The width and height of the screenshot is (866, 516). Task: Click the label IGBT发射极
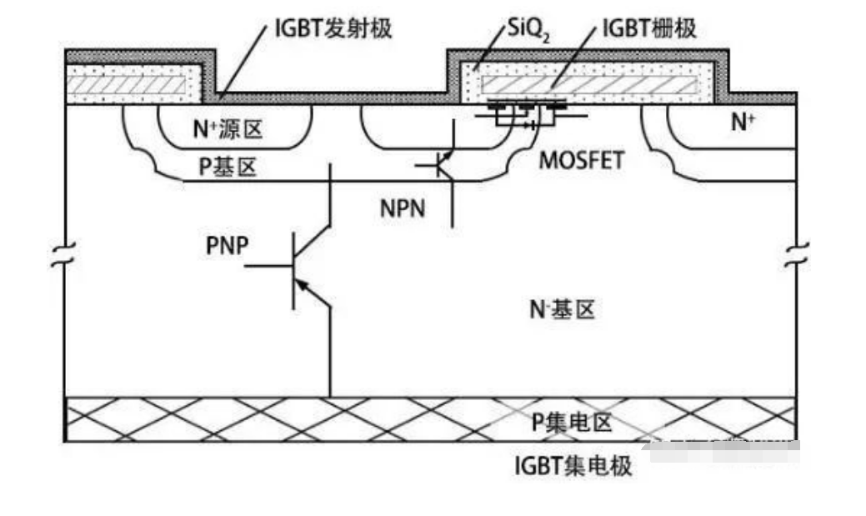(x=333, y=28)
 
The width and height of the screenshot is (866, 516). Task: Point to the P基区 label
(x=226, y=167)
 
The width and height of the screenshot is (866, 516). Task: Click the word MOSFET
(x=581, y=161)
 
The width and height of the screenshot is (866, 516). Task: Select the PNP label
(x=228, y=248)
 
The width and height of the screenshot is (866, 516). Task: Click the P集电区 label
(x=572, y=422)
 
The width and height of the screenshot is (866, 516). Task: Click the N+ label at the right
(x=744, y=123)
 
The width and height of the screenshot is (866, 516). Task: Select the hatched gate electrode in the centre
(x=588, y=84)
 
